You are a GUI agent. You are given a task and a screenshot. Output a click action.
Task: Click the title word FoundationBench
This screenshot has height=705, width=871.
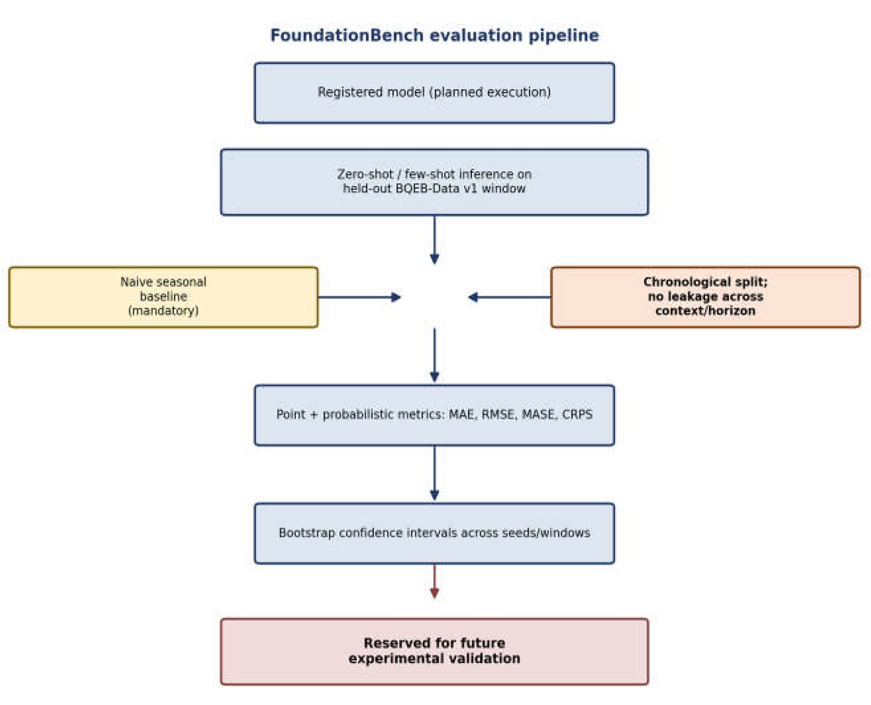(x=347, y=36)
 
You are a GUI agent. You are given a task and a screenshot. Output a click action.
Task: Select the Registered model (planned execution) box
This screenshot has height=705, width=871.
(x=434, y=92)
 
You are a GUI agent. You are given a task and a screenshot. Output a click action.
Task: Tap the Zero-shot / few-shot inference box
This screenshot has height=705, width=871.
(x=434, y=182)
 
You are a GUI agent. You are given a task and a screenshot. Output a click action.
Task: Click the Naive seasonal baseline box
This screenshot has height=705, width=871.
(x=164, y=297)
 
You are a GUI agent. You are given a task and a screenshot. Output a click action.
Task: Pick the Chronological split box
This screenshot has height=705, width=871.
(x=705, y=297)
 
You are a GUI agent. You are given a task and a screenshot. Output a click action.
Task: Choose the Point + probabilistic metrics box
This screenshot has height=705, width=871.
(x=434, y=415)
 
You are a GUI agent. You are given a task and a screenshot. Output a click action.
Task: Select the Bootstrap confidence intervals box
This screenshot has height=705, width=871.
(x=434, y=533)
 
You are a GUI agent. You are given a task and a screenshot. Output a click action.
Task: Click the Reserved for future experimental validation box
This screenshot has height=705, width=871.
(x=434, y=651)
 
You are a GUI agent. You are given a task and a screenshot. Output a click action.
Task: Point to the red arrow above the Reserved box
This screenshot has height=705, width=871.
(x=434, y=581)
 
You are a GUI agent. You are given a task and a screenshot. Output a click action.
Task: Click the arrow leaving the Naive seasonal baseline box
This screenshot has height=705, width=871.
(x=360, y=297)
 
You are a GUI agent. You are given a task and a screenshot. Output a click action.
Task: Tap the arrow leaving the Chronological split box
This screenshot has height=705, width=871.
(x=509, y=297)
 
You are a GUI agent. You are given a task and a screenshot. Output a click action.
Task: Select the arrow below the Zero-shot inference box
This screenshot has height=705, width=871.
(x=434, y=240)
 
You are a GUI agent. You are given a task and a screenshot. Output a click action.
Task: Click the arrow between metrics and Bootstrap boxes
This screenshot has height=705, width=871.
(x=434, y=473)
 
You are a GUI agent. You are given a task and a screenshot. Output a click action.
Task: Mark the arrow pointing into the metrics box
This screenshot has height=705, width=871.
(x=434, y=355)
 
